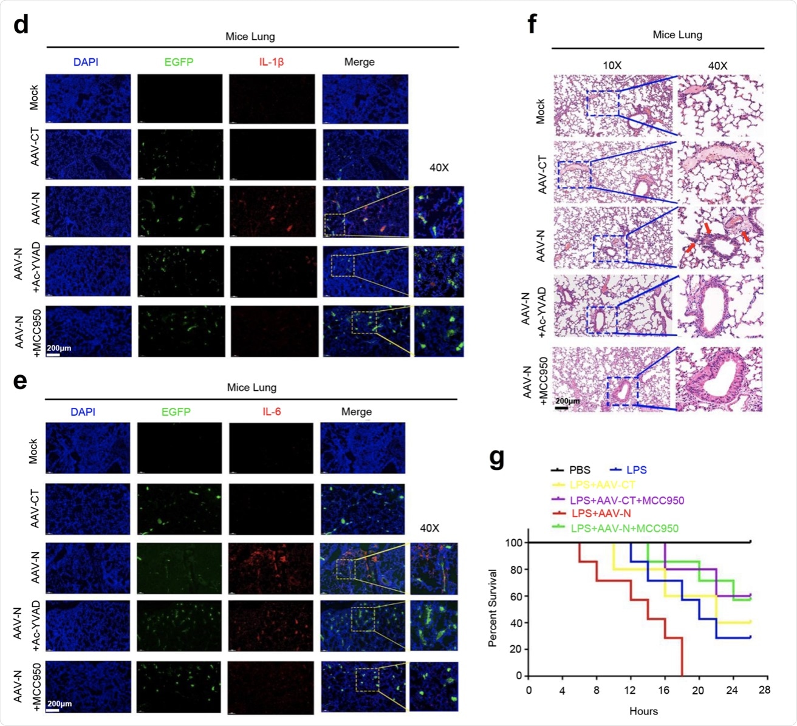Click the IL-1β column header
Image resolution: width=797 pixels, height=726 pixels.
click(272, 62)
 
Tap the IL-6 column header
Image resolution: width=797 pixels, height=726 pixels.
click(272, 412)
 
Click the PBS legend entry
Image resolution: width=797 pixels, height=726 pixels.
click(579, 470)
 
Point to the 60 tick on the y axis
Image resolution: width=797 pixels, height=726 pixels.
click(516, 596)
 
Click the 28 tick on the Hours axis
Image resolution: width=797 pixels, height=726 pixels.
click(764, 690)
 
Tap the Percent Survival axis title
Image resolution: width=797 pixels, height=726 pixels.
click(493, 608)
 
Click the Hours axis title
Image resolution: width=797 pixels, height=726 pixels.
click(643, 711)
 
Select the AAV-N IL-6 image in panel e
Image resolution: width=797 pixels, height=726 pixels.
click(271, 568)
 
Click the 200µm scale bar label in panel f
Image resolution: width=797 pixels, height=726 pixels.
click(567, 401)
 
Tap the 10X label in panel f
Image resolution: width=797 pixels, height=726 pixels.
click(612, 66)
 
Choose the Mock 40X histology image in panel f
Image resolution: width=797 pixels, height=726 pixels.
click(720, 106)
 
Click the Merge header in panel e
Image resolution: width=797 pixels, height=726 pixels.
click(357, 412)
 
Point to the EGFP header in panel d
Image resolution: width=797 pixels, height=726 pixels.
click(179, 62)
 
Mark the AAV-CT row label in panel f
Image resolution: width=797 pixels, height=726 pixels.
click(542, 174)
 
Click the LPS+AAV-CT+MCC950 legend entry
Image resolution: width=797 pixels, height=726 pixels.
click(627, 500)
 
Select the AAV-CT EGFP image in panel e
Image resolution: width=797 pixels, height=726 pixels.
click(179, 509)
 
